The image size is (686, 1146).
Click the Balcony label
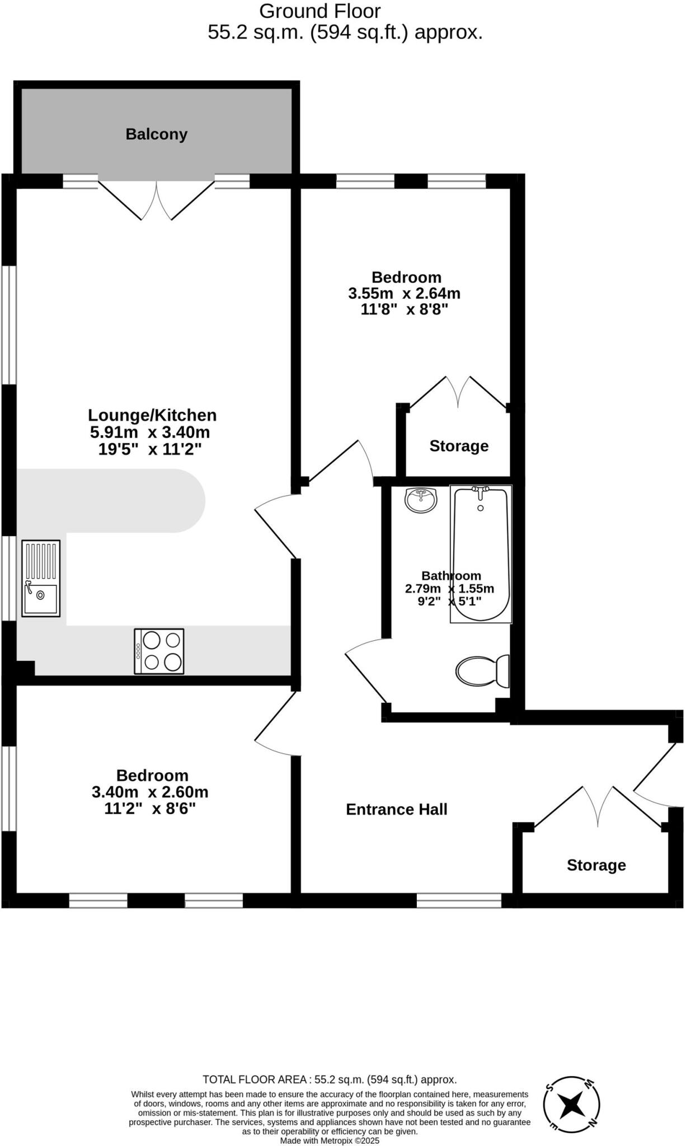156,134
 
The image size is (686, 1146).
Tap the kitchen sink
41,579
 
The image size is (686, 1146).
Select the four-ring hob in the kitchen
159,651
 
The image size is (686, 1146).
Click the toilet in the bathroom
481,671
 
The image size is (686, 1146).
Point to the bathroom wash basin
421,500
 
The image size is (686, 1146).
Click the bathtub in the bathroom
481,554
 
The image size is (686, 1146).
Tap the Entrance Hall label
396,810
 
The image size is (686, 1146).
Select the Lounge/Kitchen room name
152,415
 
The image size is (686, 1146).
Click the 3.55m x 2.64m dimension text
404,293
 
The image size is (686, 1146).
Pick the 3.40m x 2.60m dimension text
150,792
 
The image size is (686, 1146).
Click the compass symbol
571,1105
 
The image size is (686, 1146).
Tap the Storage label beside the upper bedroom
459,446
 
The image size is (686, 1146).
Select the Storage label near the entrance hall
596,865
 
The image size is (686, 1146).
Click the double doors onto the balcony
156,200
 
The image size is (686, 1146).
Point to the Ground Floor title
320,11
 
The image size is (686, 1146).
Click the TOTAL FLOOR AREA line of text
330,1079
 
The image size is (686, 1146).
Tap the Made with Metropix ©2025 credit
330,1140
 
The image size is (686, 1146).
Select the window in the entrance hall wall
459,900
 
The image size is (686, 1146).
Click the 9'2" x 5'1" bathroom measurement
449,602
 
